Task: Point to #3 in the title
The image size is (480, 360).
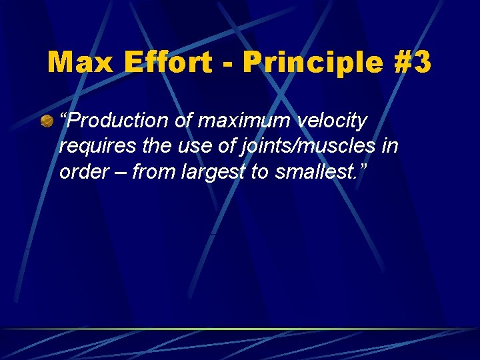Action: pos(409,63)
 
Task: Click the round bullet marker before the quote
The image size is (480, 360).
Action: pos(47,121)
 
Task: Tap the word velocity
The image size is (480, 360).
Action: pos(333,121)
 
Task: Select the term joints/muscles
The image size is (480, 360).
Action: pos(301,146)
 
